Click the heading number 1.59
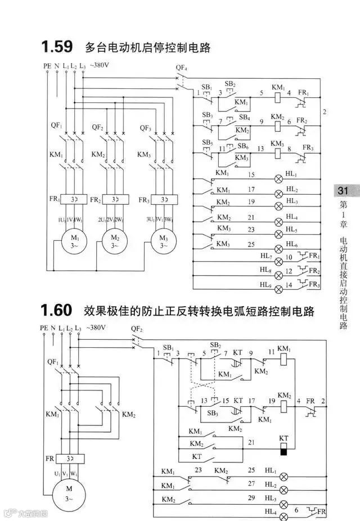click(x=57, y=46)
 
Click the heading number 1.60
click(x=57, y=310)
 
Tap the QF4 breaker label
click(x=181, y=68)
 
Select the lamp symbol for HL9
click(x=278, y=286)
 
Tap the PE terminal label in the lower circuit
click(x=44, y=327)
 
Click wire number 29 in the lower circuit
click(x=251, y=498)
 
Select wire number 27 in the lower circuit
click(x=251, y=483)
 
